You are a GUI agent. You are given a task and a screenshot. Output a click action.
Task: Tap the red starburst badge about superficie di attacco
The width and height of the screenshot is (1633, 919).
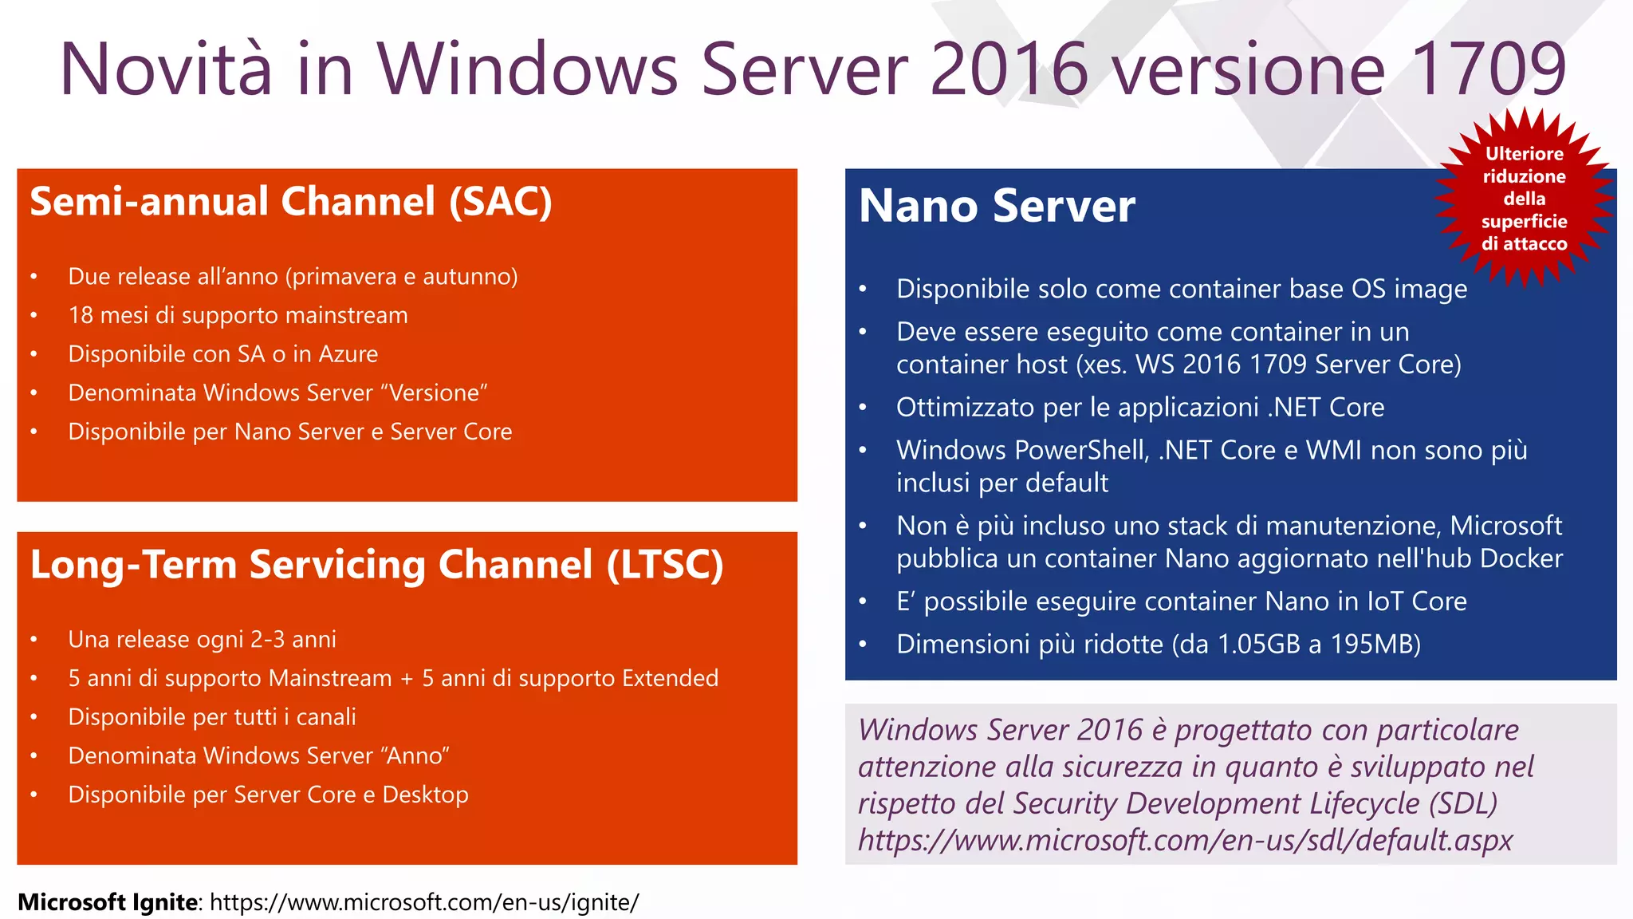pos(1524,198)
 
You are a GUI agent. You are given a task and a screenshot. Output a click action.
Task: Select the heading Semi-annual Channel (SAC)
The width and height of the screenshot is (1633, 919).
pos(291,201)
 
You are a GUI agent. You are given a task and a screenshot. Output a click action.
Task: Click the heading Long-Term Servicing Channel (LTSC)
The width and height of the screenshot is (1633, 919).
pos(376,565)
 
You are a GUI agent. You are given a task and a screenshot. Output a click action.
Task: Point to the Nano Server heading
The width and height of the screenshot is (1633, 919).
pos(997,206)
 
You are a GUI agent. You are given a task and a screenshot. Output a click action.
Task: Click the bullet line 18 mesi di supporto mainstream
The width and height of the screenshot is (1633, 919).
pos(238,315)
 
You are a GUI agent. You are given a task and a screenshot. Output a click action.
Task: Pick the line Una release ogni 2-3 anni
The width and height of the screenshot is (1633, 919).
pos(202,640)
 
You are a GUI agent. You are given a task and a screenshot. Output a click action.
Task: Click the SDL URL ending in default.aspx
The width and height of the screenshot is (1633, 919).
pos(1185,840)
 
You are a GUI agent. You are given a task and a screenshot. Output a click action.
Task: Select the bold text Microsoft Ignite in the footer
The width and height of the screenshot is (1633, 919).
pos(108,902)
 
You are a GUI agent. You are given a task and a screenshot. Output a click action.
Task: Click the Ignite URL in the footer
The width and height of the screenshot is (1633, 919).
pos(424,902)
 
